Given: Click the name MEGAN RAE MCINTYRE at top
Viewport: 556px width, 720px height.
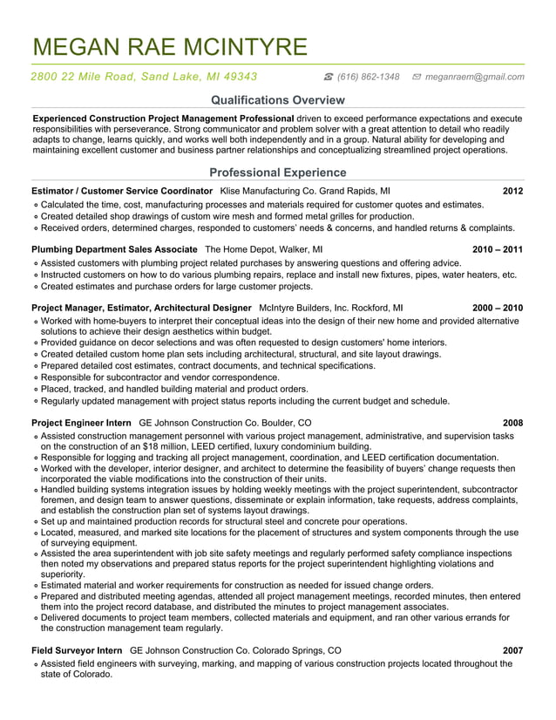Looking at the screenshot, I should click(x=169, y=46).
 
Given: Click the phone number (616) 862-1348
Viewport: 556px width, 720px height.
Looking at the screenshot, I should click(x=368, y=77).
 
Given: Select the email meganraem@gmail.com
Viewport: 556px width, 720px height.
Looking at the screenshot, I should click(x=474, y=77).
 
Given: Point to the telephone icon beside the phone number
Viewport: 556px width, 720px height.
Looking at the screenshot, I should click(x=329, y=77).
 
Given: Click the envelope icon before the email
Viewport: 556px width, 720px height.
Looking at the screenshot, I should click(x=417, y=77).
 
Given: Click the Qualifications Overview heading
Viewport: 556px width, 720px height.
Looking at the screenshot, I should click(x=278, y=100).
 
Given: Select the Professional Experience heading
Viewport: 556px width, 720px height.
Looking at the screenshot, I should click(x=278, y=172).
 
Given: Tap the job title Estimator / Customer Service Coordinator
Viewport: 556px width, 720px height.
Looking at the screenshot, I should click(x=122, y=190).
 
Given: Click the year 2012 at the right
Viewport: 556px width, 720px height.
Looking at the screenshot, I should click(x=512, y=190).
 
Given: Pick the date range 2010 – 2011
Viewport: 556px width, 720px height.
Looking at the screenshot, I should click(x=498, y=249).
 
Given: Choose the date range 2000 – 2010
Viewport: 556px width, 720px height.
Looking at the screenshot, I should click(x=498, y=308).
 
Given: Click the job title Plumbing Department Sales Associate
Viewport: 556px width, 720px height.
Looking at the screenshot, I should click(x=114, y=249).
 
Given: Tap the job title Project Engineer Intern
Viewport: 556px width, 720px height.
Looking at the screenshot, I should click(x=81, y=423).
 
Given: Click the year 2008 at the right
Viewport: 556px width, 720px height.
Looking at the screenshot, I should click(x=512, y=423).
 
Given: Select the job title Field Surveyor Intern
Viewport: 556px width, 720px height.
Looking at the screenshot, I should click(x=77, y=650).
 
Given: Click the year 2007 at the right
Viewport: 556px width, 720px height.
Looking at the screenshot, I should click(x=512, y=650).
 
